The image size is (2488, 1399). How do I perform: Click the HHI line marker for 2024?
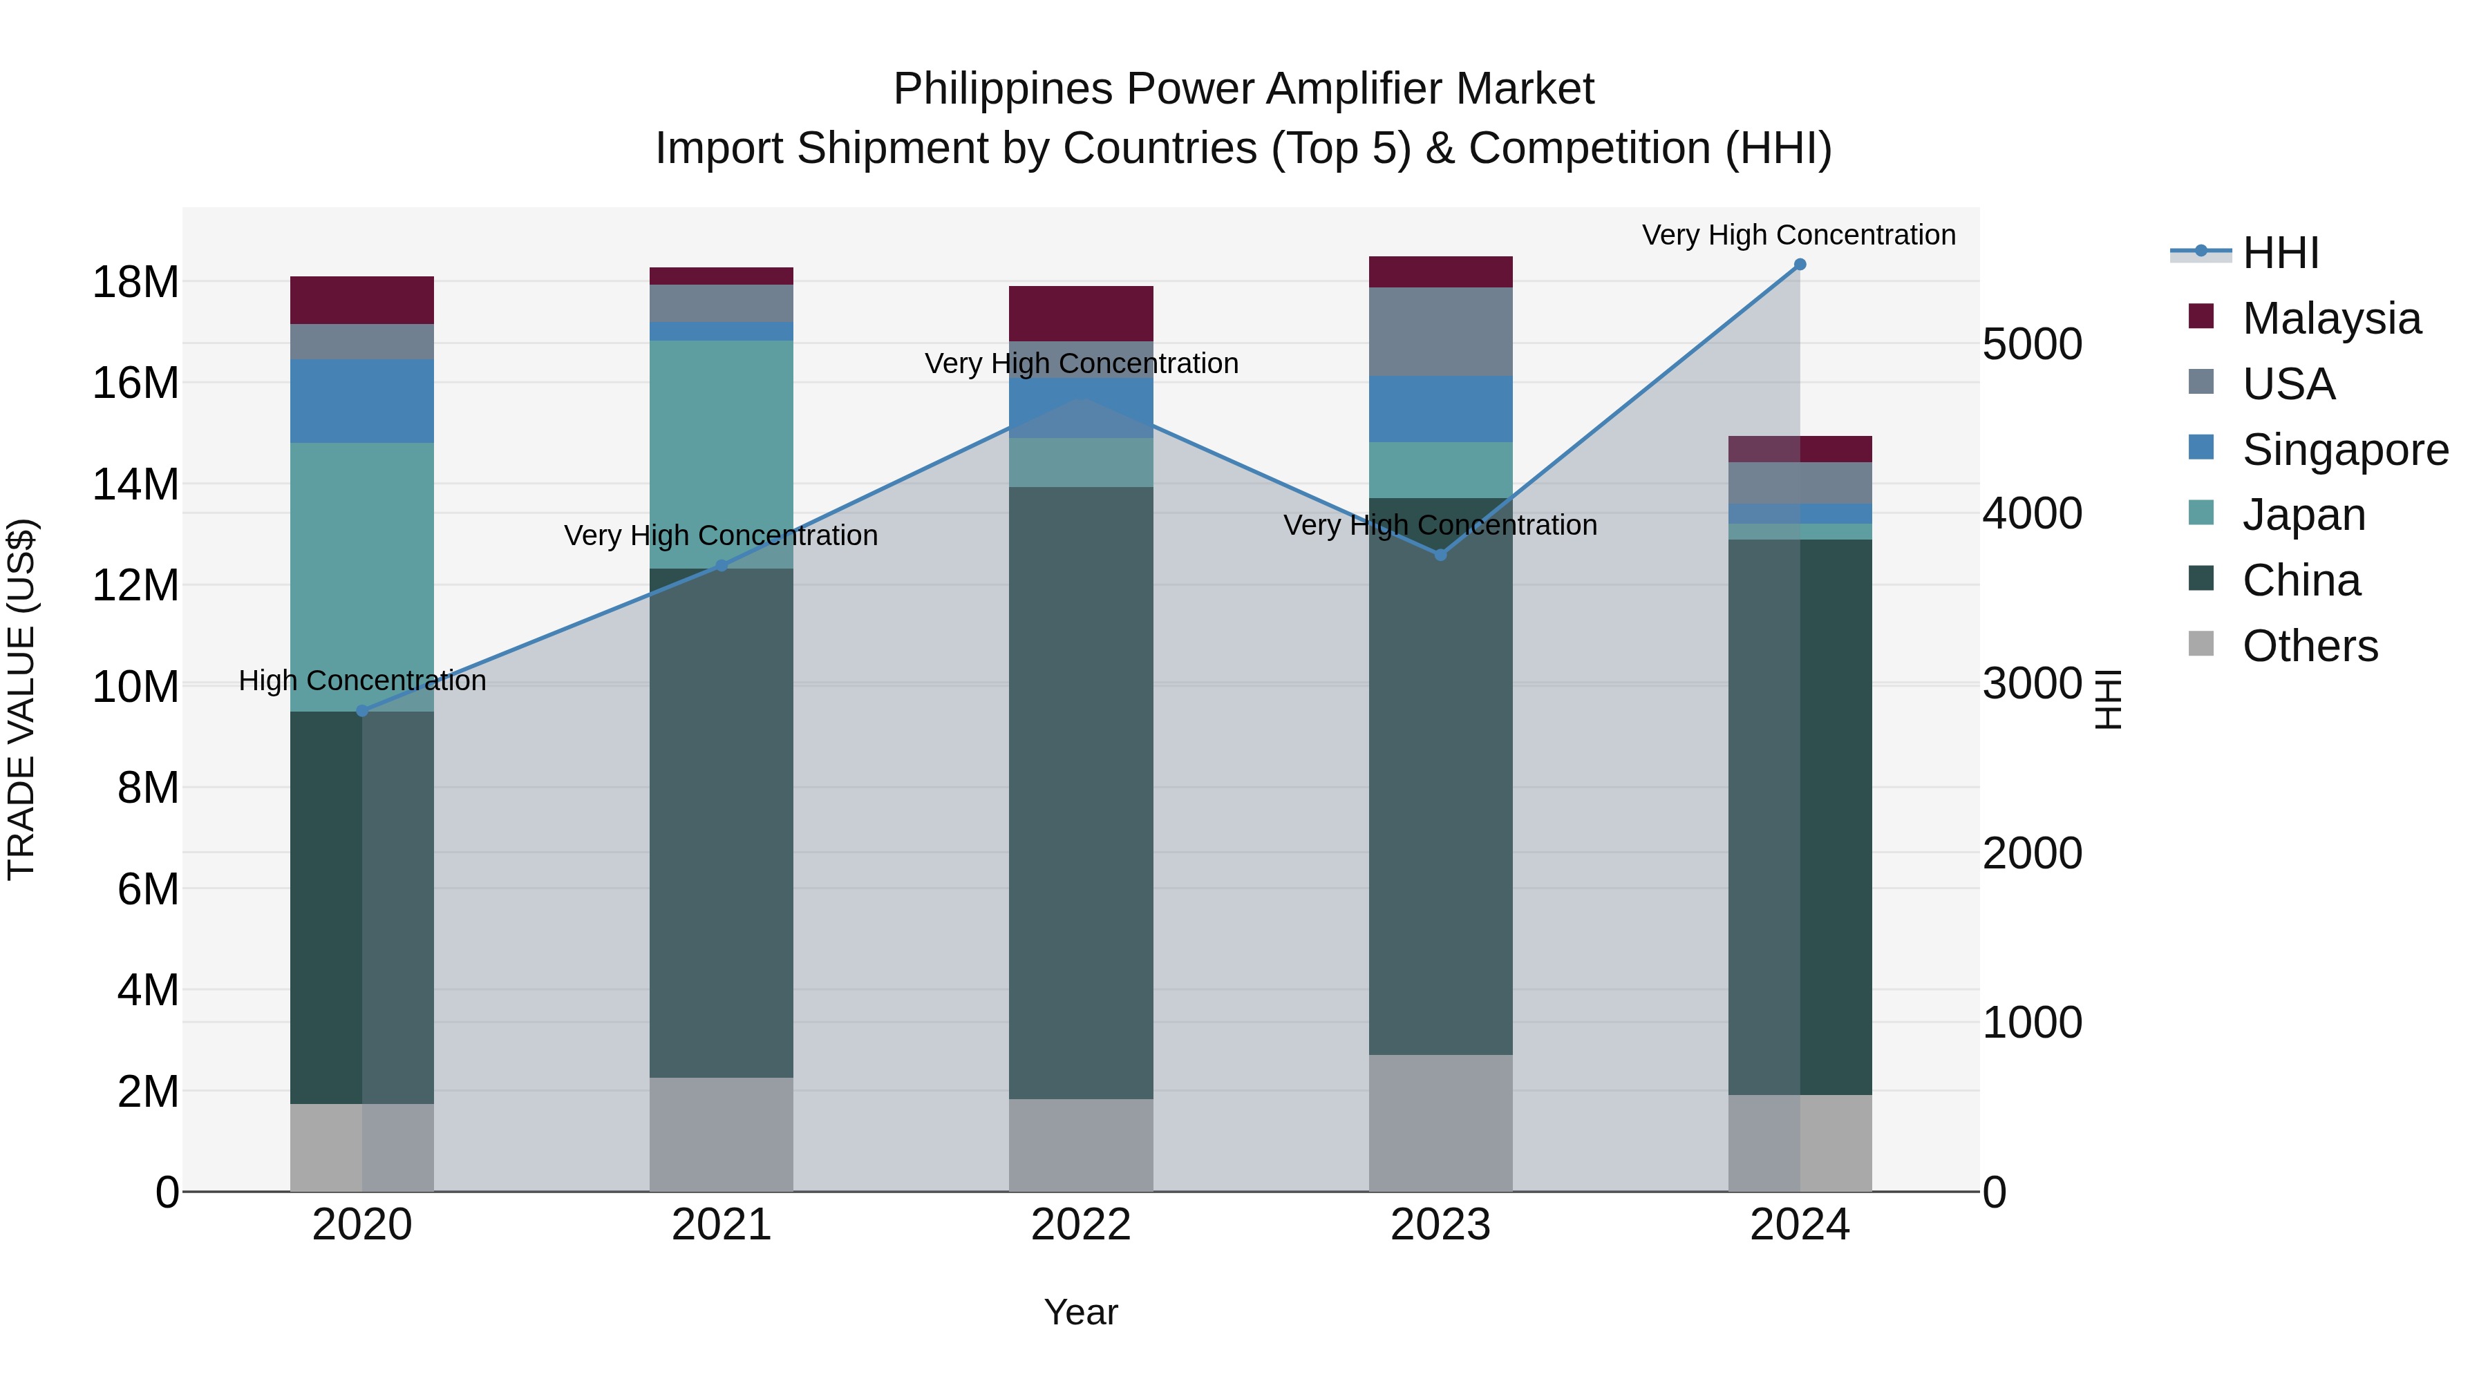click(1800, 265)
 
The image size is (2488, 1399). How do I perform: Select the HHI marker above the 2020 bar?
click(362, 711)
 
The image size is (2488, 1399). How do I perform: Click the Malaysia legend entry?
click(2330, 318)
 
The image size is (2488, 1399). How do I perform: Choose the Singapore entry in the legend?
click(2344, 450)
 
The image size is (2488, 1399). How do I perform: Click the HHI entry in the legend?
click(2279, 253)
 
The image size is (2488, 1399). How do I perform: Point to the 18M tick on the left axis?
click(135, 283)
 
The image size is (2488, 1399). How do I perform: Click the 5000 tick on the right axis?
click(2032, 345)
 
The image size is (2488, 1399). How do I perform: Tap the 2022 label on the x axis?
click(1081, 1225)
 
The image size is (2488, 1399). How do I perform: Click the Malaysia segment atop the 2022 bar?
click(1081, 313)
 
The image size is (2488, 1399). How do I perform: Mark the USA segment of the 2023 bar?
click(1440, 331)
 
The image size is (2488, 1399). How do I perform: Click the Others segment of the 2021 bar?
click(722, 1134)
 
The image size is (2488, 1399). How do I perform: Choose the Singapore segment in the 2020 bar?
click(362, 401)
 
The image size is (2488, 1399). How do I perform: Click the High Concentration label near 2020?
click(362, 681)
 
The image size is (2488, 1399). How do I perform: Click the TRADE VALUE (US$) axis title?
click(21, 699)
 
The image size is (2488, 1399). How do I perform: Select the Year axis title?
click(1081, 1312)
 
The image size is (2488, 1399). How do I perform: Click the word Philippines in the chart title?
click(1003, 89)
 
